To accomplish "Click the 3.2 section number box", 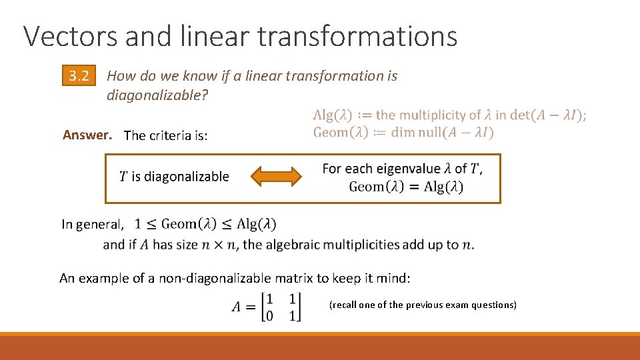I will click(x=79, y=76).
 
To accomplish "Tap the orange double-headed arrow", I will click(x=275, y=177).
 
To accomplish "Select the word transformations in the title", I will click(x=357, y=36).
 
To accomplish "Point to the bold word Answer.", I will click(x=86, y=135).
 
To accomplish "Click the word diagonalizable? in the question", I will click(x=157, y=95).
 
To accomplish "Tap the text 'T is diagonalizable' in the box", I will click(x=174, y=177).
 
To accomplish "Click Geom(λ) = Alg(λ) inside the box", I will click(x=405, y=187).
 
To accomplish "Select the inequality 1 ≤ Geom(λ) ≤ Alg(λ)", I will click(x=205, y=224).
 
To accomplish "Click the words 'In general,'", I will click(x=92, y=225).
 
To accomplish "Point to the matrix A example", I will click(x=267, y=307).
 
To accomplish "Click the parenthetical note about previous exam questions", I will click(x=423, y=305).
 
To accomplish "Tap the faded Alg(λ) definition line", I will click(x=449, y=115).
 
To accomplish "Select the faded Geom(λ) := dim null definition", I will click(x=403, y=132).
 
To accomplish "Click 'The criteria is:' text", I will click(x=166, y=135).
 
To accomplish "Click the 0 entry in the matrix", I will click(x=269, y=315).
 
